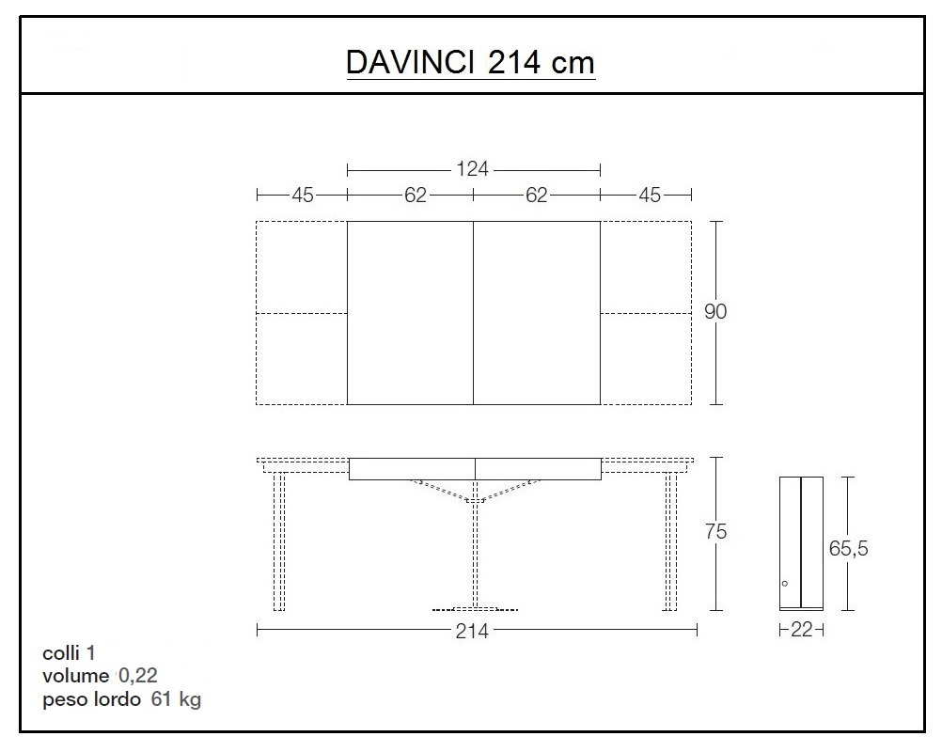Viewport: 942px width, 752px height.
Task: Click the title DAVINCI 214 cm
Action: coord(470,63)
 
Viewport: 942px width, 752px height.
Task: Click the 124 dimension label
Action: coord(472,169)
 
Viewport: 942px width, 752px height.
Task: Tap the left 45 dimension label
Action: coord(302,195)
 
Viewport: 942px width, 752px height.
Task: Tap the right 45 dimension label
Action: coord(650,195)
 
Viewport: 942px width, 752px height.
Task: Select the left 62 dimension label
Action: coord(416,195)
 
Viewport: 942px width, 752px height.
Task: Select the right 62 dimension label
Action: coord(536,195)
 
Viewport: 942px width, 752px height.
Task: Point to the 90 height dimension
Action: coord(715,312)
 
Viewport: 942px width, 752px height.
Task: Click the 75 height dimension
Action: coord(715,532)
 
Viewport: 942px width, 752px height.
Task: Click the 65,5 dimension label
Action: coord(848,549)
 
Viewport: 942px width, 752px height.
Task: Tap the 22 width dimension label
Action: coord(801,631)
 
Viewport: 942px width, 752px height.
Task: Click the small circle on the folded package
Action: coord(784,583)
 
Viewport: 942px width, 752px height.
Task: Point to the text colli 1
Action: coord(69,652)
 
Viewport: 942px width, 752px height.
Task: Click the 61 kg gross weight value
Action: coord(176,699)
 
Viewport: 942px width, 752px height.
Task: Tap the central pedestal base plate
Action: coord(474,608)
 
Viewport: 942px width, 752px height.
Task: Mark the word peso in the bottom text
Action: coord(64,700)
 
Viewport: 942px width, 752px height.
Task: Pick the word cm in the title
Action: coord(573,63)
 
